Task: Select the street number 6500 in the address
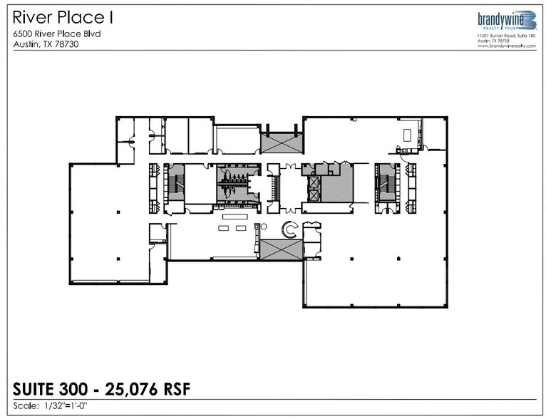tap(24, 33)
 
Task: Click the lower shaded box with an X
tap(280, 249)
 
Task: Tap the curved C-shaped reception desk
tap(290, 229)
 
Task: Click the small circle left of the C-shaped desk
tap(263, 227)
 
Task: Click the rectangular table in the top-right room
tap(408, 135)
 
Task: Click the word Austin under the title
tap(26, 43)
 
